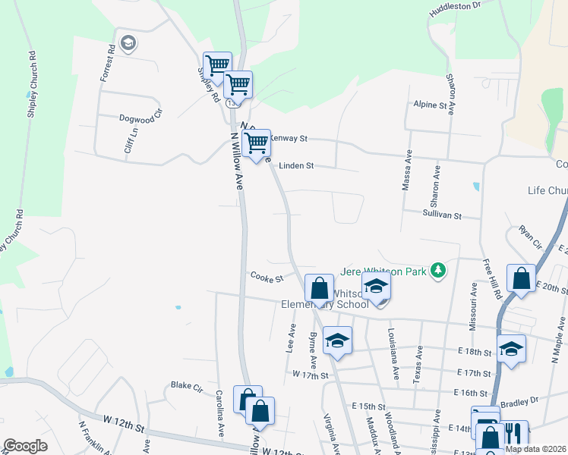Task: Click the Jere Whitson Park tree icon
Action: coord(437,270)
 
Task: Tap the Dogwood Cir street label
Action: coord(141,118)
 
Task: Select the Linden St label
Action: coord(296,165)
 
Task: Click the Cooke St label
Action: coord(267,278)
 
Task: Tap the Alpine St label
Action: coord(430,105)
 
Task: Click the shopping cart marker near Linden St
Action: coord(257,142)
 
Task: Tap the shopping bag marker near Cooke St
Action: coord(319,287)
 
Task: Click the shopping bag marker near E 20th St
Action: coord(522,278)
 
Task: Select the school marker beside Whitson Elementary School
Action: coord(376,286)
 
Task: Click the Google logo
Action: coord(25,446)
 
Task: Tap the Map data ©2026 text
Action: coord(535,449)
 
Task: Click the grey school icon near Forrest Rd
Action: coord(127,42)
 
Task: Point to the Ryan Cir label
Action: coord(529,237)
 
